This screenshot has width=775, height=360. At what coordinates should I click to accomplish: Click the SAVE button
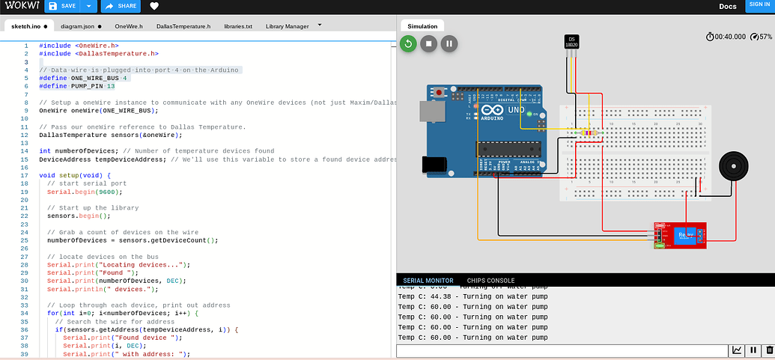click(62, 6)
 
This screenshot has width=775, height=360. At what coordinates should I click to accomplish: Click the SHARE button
click(121, 6)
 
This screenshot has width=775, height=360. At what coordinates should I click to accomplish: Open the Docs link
click(727, 6)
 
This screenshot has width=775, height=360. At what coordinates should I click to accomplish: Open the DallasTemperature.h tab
click(183, 26)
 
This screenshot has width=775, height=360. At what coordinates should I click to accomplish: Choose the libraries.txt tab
click(238, 26)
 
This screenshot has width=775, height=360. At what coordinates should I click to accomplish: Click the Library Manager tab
click(287, 26)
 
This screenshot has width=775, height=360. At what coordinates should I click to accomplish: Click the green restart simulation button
click(408, 43)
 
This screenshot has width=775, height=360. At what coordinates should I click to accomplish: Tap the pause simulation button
click(449, 43)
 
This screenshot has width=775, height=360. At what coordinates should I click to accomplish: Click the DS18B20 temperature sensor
click(571, 43)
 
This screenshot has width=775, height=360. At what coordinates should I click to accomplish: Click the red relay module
click(680, 234)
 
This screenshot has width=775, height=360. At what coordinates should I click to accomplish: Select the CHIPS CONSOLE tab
click(490, 281)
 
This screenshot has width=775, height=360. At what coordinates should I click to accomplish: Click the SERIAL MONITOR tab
click(428, 281)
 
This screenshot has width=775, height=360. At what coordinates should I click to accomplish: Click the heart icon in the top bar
click(154, 6)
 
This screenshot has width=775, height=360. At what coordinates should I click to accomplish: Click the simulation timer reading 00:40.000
click(730, 37)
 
